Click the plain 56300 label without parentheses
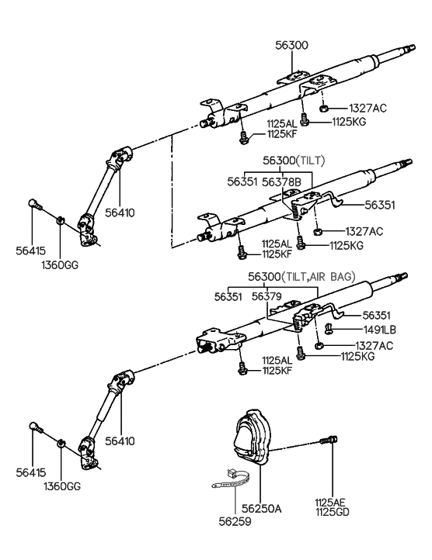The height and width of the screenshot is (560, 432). tap(291, 46)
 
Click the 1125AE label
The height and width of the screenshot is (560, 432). tap(333, 503)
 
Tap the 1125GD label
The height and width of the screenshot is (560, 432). tap(333, 513)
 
